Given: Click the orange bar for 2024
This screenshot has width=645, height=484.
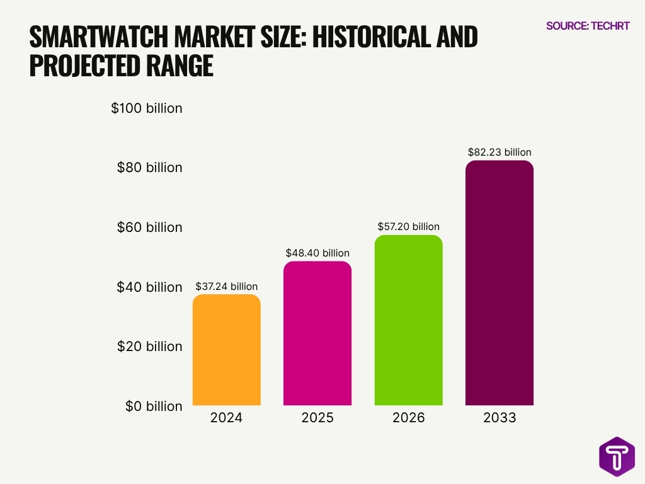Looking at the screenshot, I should [226, 350].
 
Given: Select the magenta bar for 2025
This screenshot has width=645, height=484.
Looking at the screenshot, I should [317, 333].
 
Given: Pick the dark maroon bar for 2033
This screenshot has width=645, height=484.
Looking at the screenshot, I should [499, 283].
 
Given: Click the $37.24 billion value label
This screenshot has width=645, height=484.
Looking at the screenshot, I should [226, 286].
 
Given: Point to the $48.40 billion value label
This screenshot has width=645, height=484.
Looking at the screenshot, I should [317, 253].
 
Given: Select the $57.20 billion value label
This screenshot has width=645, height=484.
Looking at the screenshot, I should [408, 226].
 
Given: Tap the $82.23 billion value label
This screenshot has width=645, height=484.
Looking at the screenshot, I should [499, 152].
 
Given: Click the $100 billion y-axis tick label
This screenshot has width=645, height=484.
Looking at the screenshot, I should [147, 108].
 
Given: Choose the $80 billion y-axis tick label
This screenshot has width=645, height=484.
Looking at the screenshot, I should [149, 168].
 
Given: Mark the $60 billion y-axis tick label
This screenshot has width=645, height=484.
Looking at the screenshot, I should [149, 228].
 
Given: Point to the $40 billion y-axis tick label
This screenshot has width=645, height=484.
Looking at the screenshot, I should [149, 287].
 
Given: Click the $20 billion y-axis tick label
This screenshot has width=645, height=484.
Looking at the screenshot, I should [149, 347].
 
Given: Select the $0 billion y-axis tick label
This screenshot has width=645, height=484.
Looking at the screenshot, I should [152, 406].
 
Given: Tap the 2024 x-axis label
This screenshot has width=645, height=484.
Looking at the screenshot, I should [226, 418].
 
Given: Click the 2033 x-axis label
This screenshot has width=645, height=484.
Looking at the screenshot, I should [499, 418].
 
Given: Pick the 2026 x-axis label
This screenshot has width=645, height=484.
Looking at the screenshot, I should [408, 418].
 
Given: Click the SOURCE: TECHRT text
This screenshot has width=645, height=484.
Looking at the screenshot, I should [587, 26].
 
